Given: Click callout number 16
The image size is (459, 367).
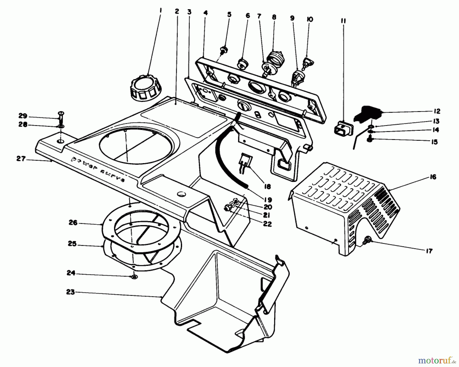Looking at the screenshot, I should [433, 177].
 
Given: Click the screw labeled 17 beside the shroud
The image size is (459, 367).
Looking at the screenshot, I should [367, 239].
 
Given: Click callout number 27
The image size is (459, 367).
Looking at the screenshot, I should [21, 159].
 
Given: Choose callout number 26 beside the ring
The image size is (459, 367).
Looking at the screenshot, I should [73, 223].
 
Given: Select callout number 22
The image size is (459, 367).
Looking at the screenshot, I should [267, 224].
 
